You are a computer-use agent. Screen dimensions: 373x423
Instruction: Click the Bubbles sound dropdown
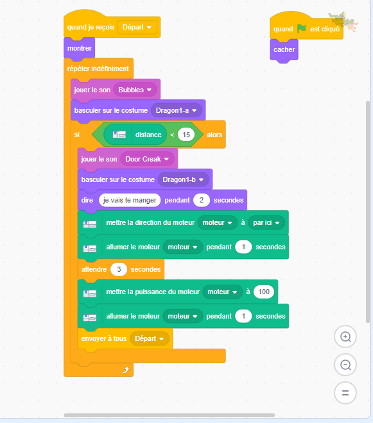click(x=135, y=90)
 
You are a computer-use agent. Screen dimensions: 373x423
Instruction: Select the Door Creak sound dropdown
click(x=147, y=159)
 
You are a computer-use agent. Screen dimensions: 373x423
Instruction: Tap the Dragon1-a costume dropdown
click(x=177, y=111)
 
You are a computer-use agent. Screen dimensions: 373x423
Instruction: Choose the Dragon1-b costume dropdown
click(x=183, y=179)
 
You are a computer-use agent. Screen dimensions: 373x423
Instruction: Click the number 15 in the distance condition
click(x=186, y=135)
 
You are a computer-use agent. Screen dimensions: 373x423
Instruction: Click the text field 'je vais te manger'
click(x=130, y=200)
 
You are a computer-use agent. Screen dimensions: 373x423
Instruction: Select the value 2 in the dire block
click(x=202, y=200)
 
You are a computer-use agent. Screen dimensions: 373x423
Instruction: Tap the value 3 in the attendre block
click(x=119, y=269)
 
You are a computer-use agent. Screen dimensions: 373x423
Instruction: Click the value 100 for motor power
click(x=264, y=292)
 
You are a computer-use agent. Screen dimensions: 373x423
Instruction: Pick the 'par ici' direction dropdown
click(x=266, y=223)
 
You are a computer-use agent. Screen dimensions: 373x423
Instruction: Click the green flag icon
click(x=302, y=28)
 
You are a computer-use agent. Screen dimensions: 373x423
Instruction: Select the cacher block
click(x=284, y=50)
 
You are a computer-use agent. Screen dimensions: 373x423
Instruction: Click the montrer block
click(x=80, y=49)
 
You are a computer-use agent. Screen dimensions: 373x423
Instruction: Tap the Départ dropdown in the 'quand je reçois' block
click(x=137, y=28)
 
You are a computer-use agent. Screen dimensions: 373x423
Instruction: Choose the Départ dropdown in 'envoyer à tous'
click(x=150, y=338)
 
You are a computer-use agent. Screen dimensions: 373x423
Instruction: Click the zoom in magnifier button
click(x=345, y=336)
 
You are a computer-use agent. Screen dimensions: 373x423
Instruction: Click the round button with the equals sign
click(x=345, y=393)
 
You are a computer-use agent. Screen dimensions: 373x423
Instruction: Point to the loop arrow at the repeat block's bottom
click(x=125, y=370)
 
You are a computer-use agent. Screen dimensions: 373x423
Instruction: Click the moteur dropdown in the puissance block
click(x=222, y=292)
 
